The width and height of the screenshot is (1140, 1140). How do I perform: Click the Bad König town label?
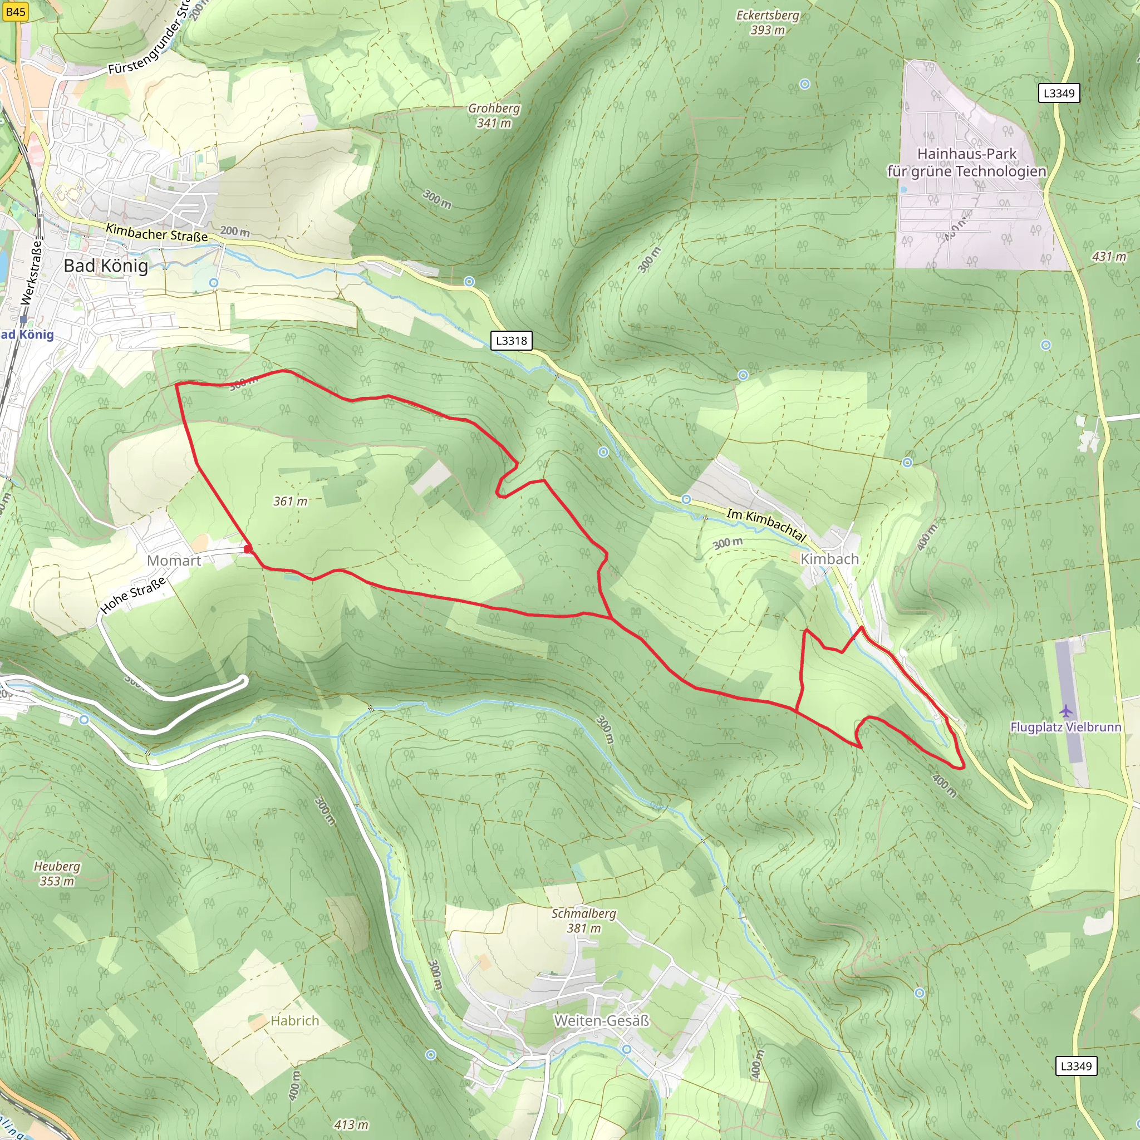[106, 266]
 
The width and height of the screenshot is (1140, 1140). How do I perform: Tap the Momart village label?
[174, 561]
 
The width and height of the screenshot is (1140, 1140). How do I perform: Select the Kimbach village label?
[829, 558]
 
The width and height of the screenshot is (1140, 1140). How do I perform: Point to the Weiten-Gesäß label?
[601, 1020]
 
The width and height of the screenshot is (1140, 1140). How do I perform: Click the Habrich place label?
[294, 1020]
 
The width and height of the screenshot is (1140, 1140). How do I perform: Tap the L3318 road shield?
[511, 341]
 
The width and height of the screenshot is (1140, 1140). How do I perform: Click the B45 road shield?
[15, 12]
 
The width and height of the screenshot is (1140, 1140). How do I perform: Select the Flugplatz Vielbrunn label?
[1065, 727]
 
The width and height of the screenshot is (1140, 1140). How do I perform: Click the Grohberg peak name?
[494, 109]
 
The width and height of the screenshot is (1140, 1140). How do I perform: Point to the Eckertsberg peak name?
[767, 16]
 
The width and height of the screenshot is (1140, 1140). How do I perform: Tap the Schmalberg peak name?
[583, 913]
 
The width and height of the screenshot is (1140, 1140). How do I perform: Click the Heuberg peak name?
[57, 866]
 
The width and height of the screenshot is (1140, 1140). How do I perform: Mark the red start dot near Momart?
[248, 549]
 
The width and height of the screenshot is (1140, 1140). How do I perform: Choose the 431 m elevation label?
[1109, 257]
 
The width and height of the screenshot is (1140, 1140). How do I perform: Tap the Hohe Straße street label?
[133, 596]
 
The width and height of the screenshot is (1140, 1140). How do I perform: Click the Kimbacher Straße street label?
[156, 233]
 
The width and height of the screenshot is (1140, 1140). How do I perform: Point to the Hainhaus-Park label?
[966, 154]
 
